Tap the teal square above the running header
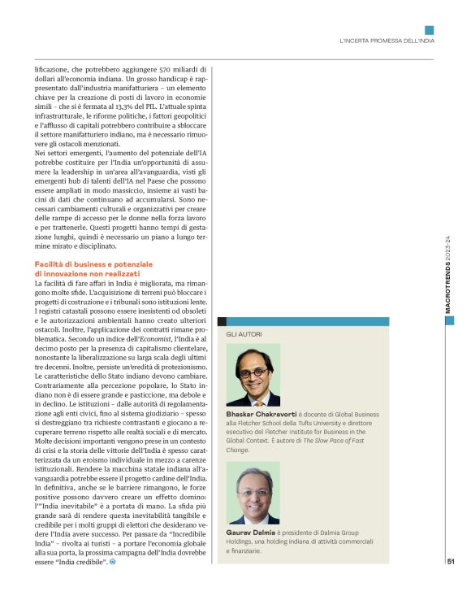point(430,30)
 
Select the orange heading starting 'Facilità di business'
point(93,269)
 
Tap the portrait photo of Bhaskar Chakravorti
point(253,374)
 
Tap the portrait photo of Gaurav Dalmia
point(253,493)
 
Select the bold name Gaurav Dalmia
point(253,533)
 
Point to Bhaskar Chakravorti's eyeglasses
point(253,372)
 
